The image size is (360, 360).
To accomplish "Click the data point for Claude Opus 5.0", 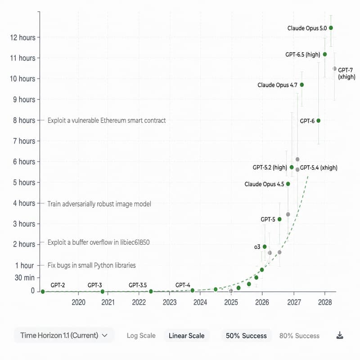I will [331, 28].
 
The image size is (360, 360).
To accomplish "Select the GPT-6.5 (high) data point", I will [325, 54].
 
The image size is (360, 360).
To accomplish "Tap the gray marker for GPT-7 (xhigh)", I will [334, 69].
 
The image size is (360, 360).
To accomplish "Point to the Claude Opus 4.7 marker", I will [302, 85].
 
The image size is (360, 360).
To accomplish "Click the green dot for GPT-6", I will [319, 121].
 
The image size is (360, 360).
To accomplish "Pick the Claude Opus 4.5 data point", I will [288, 184].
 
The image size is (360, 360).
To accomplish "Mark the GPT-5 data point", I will [279, 219].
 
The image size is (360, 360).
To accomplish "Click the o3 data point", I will [265, 247].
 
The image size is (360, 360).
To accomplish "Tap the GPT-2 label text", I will [58, 285].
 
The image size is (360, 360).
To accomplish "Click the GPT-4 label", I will [183, 285].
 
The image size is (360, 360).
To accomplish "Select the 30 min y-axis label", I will [24, 278].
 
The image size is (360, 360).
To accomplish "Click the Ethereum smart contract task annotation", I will [107, 121].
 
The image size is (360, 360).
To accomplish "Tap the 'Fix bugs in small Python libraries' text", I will [91, 265].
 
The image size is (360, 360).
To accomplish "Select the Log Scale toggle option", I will [141, 336].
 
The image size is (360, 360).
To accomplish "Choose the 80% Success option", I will [299, 336].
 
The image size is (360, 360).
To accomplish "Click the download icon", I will [340, 335].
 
